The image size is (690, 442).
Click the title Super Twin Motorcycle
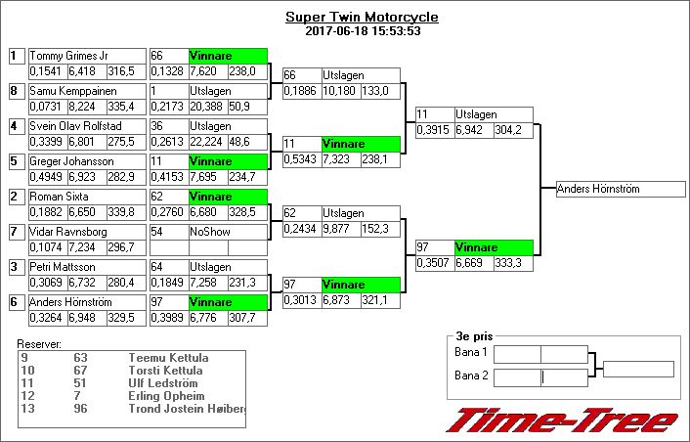[x=362, y=18]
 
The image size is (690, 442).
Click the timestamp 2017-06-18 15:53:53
[x=362, y=30]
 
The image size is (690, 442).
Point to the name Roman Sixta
[x=57, y=197]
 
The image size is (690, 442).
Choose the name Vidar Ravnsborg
[x=66, y=232]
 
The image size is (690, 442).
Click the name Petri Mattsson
[x=61, y=267]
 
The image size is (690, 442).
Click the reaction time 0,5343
[x=299, y=158]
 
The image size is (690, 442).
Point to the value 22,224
[x=208, y=141]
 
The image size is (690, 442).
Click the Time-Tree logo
[x=561, y=420]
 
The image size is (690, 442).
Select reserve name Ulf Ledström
[x=162, y=383]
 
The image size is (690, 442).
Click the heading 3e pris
[x=469, y=335]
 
